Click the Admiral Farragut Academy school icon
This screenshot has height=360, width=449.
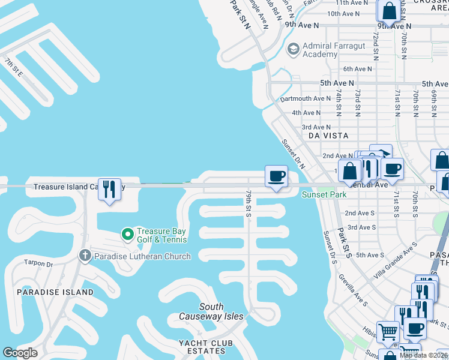tap(294, 49)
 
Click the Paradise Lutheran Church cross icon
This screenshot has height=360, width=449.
tap(85, 256)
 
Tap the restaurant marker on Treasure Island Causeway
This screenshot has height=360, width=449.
tap(109, 189)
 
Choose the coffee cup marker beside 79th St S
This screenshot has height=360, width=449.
tap(276, 176)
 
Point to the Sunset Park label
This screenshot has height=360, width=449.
tap(324, 195)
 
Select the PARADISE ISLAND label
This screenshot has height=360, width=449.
tap(55, 292)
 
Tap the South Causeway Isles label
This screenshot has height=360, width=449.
tap(211, 311)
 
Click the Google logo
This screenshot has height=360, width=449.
tap(20, 352)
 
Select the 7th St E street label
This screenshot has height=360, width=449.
tap(13, 68)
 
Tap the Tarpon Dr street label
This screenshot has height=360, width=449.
tap(38, 263)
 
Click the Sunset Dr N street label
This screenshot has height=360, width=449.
tap(294, 155)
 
